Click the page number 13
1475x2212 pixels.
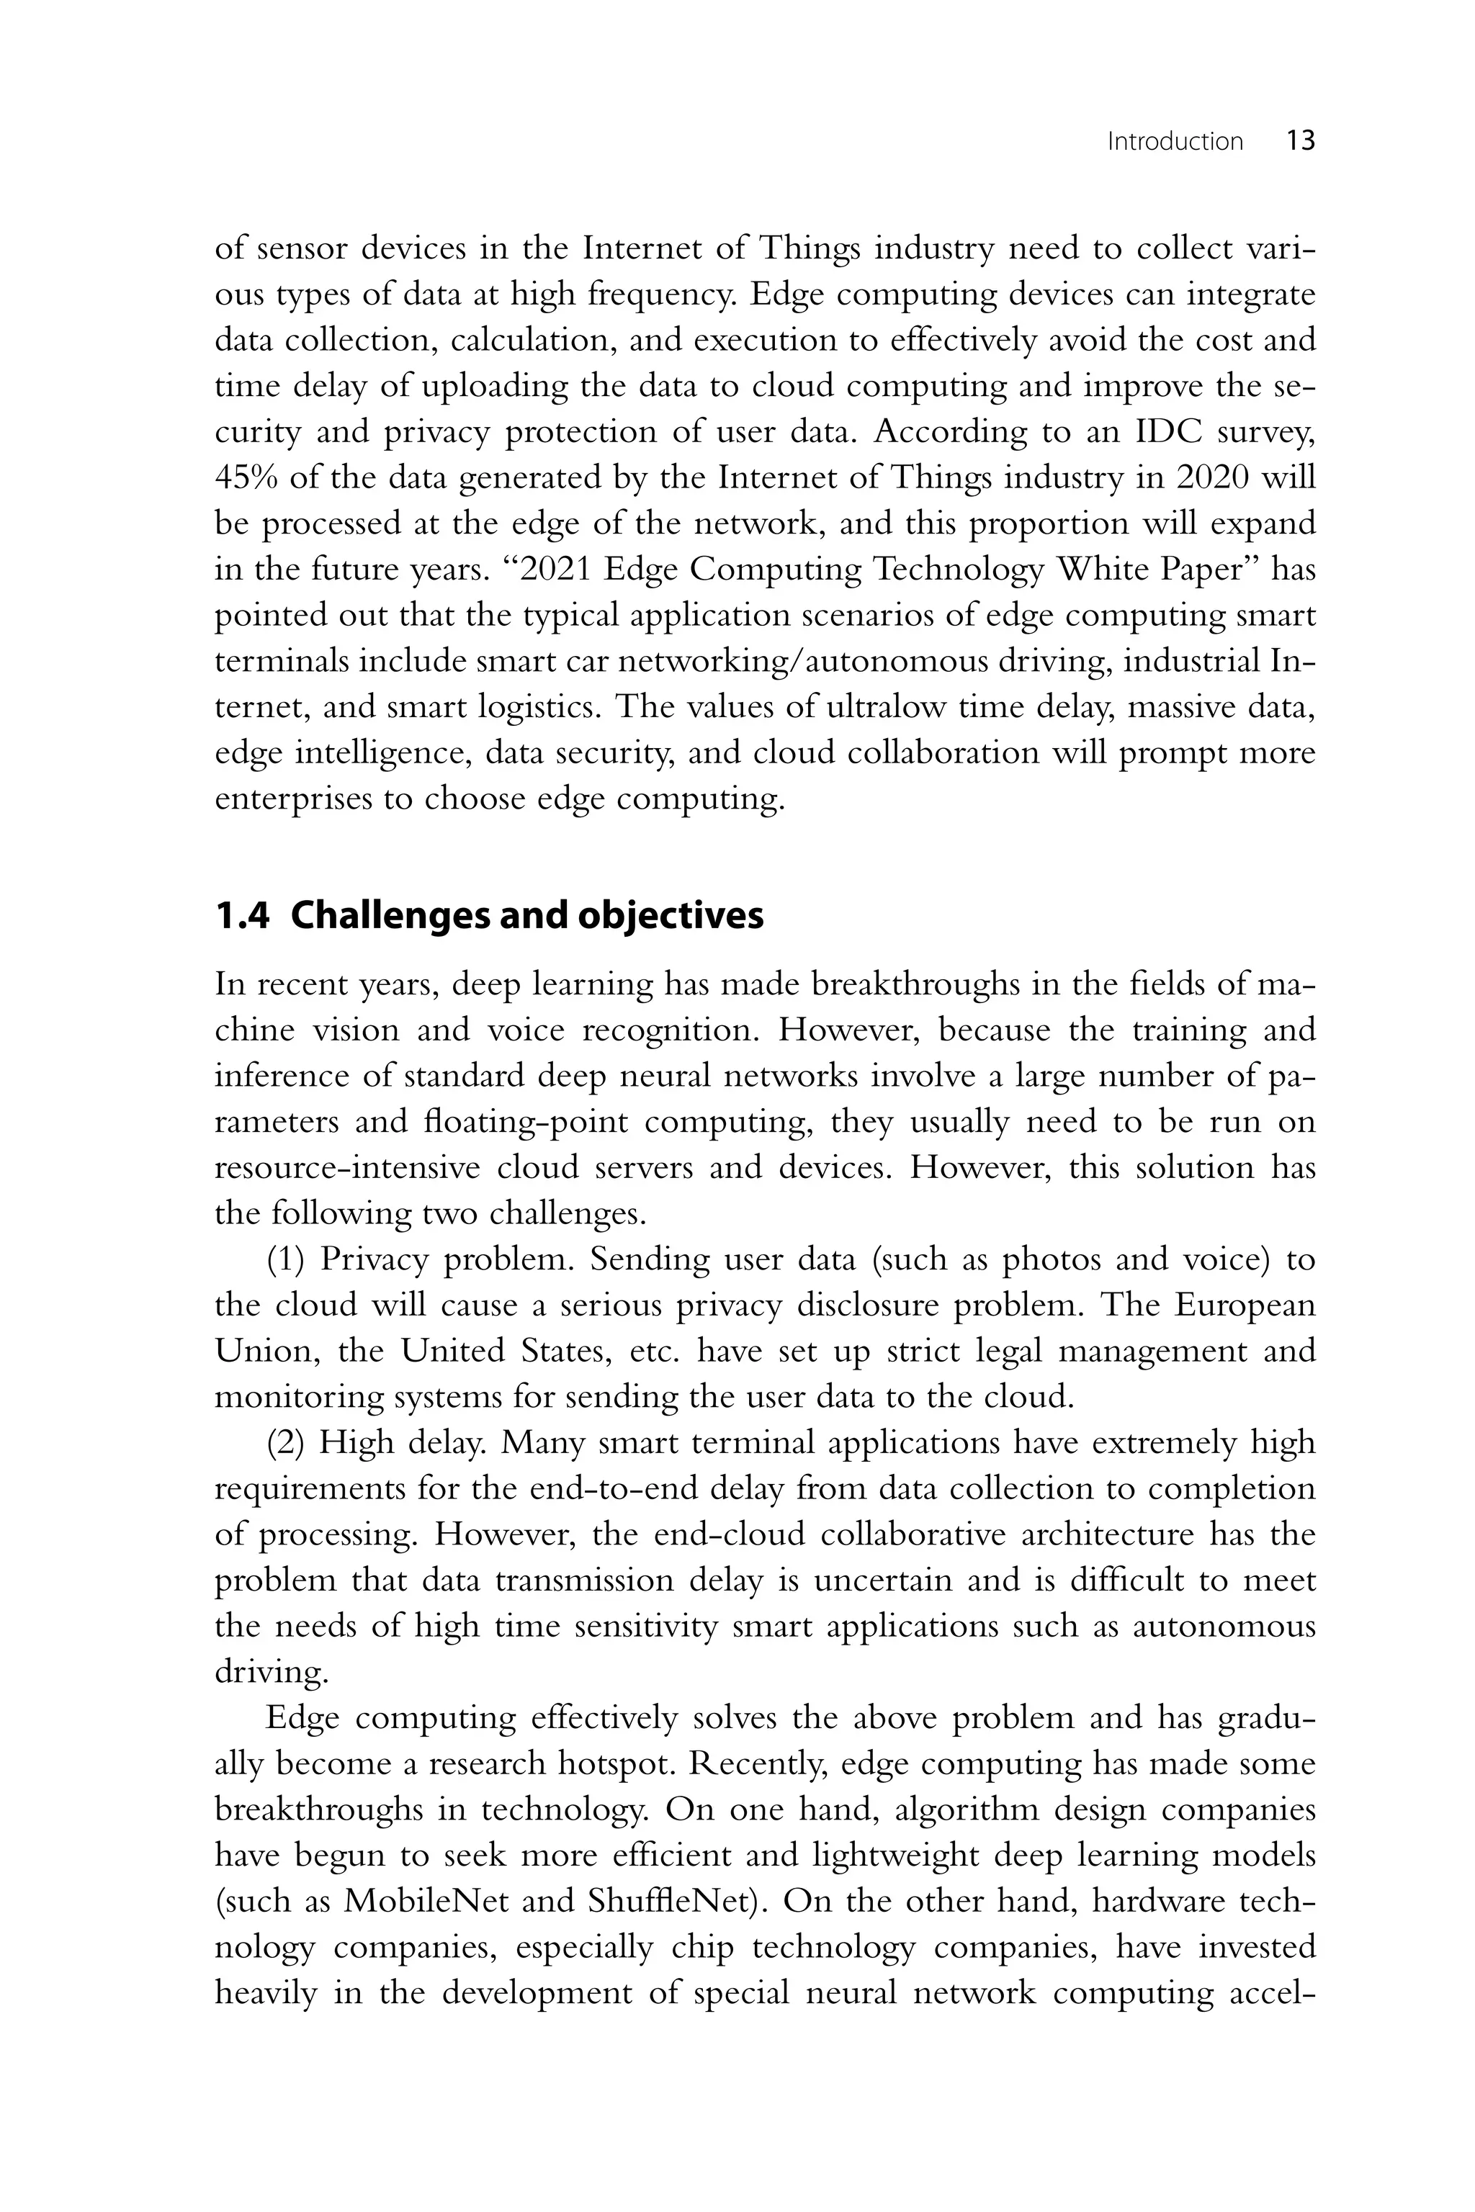click(1300, 142)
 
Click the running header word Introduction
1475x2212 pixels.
click(1175, 142)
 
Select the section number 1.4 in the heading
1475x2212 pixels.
click(242, 916)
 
